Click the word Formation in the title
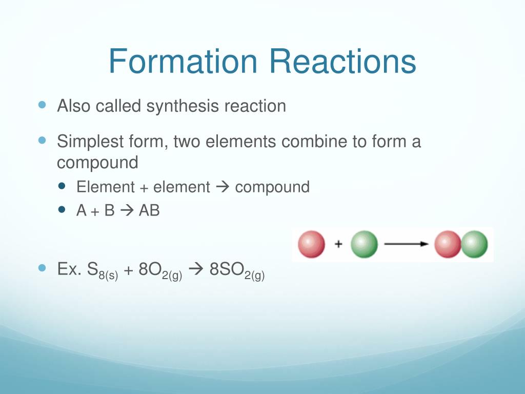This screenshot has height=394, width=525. tap(183, 62)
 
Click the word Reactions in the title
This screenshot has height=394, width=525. tap(343, 62)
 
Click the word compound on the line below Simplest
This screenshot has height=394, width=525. tap(97, 163)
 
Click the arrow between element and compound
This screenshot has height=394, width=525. tap(223, 187)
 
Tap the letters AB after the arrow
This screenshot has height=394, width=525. tap(149, 210)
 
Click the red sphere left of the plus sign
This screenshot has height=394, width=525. tap(311, 244)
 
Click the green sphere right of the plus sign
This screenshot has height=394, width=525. tap(364, 244)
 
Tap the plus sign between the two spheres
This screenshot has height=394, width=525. tap(338, 244)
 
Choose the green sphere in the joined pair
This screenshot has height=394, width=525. tap(474, 244)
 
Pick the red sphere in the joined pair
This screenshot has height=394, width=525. tap(447, 244)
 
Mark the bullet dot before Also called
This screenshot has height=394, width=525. tap(43, 105)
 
